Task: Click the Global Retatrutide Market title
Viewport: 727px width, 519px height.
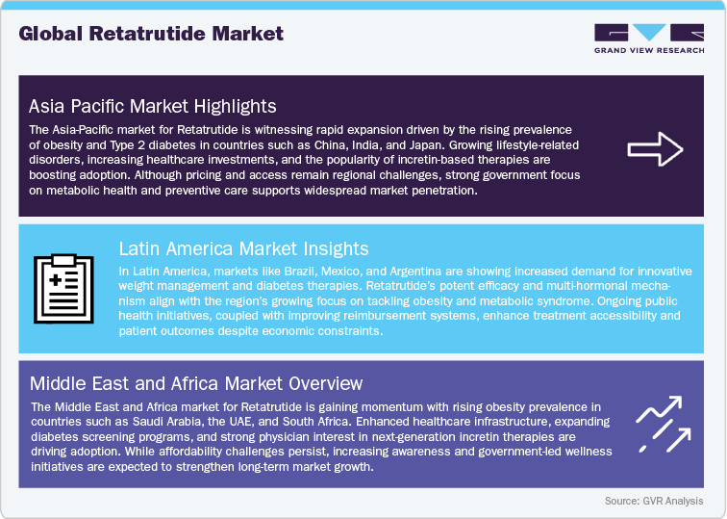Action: (151, 34)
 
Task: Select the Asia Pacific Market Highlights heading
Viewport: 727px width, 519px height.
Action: (153, 105)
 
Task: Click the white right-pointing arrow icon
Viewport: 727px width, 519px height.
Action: (655, 148)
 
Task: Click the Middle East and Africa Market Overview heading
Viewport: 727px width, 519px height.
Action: (197, 384)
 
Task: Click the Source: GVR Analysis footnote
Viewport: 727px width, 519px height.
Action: (653, 501)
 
